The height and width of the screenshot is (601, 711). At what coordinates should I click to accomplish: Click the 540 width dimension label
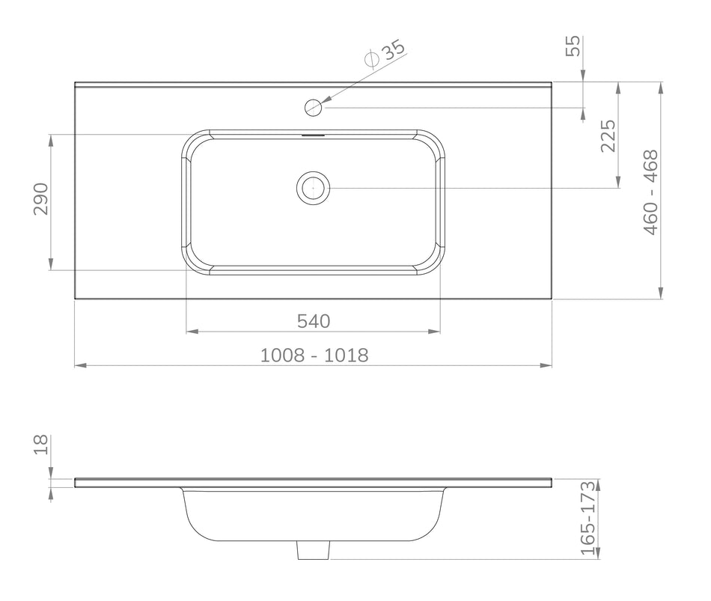[314, 321]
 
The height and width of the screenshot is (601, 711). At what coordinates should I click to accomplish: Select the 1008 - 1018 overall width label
[314, 356]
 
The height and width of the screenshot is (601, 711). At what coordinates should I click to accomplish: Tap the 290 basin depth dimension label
[41, 198]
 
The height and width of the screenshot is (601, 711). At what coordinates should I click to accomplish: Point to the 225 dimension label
[608, 135]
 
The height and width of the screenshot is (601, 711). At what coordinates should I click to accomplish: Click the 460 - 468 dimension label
[650, 192]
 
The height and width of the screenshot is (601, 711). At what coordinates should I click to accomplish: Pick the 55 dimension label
[573, 46]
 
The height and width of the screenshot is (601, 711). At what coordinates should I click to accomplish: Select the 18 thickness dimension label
[41, 445]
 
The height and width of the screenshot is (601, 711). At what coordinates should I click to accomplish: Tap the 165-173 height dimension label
[588, 518]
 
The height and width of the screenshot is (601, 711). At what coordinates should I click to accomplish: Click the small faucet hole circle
[314, 108]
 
